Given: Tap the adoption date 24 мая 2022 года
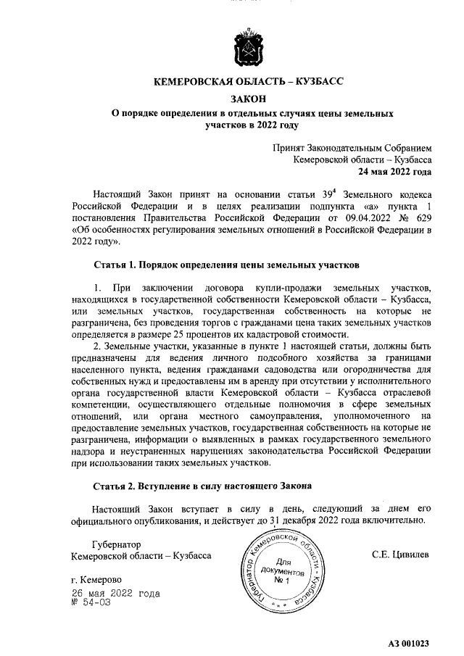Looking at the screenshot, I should [394, 172].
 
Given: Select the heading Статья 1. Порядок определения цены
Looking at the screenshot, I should [226, 265].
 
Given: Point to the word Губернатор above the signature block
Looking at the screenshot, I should [117, 544].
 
